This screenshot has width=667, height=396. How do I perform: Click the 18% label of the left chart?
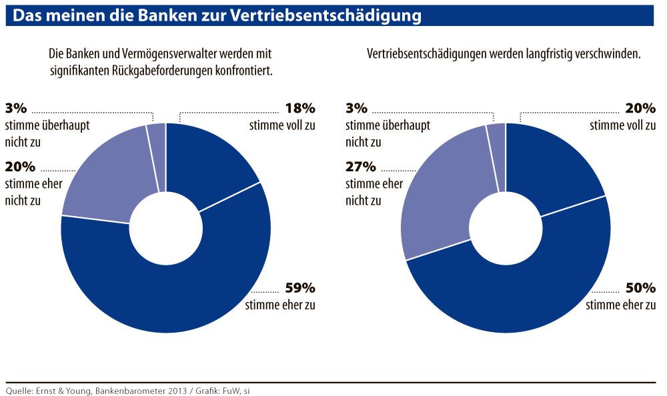(x=299, y=109)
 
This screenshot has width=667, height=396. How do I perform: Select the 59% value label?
(x=299, y=289)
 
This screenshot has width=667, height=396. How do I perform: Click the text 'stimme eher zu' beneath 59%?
(x=280, y=306)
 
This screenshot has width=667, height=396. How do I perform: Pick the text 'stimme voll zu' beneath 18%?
(x=282, y=125)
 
